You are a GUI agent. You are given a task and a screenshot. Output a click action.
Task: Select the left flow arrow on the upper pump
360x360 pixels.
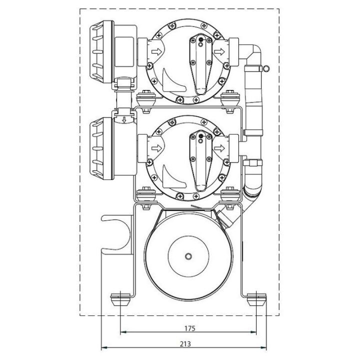[x=156, y=51]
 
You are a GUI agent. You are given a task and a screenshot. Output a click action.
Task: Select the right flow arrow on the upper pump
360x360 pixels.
[x=218, y=51]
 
